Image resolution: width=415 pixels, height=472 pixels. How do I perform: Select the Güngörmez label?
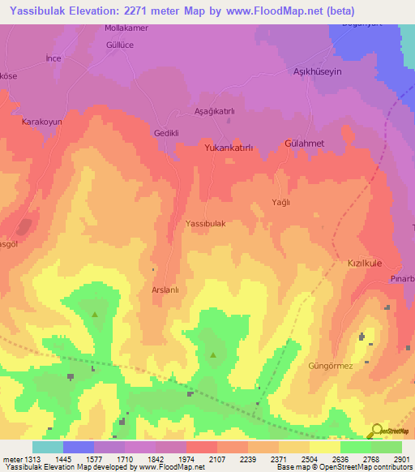pyautogui.click(x=331, y=366)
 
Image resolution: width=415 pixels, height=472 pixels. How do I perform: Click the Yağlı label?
pyautogui.click(x=280, y=203)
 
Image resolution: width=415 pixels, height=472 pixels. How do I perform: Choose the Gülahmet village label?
pyautogui.click(x=305, y=143)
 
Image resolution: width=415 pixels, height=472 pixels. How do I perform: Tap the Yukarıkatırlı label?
pyautogui.click(x=229, y=148)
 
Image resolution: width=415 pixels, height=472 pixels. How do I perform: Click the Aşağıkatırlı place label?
pyautogui.click(x=215, y=111)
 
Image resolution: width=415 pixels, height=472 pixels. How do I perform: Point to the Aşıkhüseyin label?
pyautogui.click(x=316, y=72)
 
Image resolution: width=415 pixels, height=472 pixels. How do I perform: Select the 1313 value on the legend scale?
pyautogui.click(x=32, y=459)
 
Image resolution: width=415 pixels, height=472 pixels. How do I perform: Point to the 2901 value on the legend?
pyautogui.click(x=402, y=459)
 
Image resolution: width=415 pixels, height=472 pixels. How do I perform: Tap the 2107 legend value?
pyautogui.click(x=217, y=459)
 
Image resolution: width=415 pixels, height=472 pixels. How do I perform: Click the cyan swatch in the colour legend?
pyautogui.click(x=47, y=447)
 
